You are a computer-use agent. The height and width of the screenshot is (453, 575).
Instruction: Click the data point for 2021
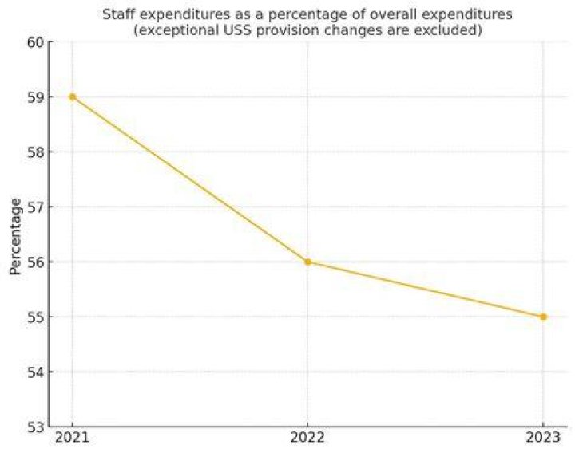pos(72,97)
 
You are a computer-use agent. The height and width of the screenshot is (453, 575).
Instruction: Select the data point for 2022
pos(307,262)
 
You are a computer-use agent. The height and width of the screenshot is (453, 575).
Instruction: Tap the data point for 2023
pos(543,317)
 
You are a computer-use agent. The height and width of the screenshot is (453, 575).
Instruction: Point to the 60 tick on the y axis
pos(36,42)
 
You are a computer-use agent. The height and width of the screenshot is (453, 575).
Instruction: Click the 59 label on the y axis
pos(36,97)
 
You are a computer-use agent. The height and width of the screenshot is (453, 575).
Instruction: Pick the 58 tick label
pos(36,152)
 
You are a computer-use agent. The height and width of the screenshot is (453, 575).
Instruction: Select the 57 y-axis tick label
pos(36,207)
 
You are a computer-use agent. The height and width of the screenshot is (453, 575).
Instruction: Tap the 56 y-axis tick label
pos(36,262)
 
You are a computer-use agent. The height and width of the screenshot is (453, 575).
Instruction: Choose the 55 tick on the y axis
pos(36,317)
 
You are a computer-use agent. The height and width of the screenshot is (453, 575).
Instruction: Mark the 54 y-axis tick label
pos(36,372)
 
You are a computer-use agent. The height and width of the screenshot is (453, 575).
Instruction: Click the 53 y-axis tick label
pos(36,427)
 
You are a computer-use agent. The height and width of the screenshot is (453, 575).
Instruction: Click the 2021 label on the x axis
pos(72,438)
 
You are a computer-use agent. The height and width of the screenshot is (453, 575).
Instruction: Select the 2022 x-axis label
pos(307,438)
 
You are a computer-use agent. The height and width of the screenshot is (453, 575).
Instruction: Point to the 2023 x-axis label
pos(543,438)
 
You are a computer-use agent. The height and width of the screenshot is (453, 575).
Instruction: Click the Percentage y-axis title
pos(15,236)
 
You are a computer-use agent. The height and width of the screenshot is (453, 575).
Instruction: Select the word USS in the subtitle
pos(238,30)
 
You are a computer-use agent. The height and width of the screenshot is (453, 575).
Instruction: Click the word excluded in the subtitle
pos(448,30)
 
